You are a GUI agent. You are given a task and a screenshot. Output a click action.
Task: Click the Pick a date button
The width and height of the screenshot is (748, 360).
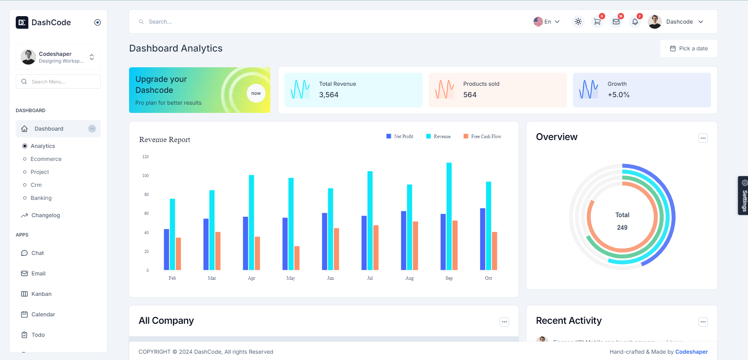click(x=689, y=48)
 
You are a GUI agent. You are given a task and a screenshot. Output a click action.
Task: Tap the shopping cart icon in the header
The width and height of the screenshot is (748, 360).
click(x=597, y=22)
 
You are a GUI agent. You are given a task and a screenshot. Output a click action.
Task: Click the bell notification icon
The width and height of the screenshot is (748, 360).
click(x=635, y=22)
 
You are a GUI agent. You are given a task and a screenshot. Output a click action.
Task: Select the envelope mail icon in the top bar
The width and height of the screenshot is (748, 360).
click(x=616, y=22)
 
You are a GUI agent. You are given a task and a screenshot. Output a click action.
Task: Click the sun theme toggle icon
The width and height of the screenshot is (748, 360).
click(x=578, y=22)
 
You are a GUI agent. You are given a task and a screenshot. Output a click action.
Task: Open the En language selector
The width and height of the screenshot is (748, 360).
click(x=547, y=22)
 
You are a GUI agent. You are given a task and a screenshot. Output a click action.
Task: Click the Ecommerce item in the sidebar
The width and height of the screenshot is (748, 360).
click(x=46, y=159)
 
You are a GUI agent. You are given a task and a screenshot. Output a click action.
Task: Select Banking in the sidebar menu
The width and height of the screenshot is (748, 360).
click(x=41, y=198)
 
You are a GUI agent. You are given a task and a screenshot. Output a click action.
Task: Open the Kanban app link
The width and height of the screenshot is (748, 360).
click(x=41, y=294)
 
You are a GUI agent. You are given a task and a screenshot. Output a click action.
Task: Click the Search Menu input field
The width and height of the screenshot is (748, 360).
click(x=58, y=81)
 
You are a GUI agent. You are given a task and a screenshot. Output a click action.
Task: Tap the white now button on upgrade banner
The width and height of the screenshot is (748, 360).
click(x=256, y=93)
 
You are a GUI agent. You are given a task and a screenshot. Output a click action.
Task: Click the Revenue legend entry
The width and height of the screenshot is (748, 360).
click(x=438, y=137)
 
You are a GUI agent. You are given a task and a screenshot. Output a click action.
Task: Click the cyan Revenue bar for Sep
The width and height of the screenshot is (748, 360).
click(x=449, y=216)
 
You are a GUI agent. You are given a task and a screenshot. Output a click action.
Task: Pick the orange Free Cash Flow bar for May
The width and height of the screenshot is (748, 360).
click(x=297, y=258)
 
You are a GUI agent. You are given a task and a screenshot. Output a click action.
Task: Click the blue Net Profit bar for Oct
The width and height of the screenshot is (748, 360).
click(x=482, y=239)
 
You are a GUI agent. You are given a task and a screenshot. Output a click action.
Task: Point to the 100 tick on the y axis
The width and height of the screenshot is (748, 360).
click(x=146, y=175)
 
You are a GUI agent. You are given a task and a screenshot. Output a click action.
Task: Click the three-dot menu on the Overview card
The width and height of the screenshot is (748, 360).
click(x=703, y=138)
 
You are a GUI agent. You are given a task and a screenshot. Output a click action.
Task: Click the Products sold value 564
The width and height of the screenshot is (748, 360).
click(x=470, y=95)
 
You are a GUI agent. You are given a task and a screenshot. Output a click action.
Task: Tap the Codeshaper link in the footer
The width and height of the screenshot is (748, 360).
click(x=691, y=352)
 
